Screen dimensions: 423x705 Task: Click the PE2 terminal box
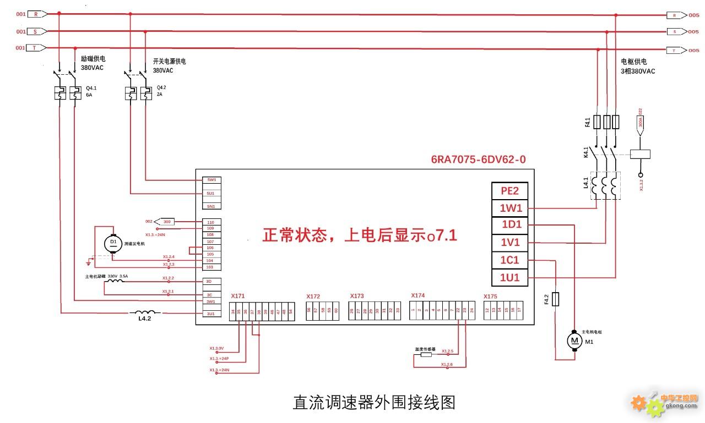coord(510,191)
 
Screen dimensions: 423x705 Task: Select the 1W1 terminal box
coord(510,208)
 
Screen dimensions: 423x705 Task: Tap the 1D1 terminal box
coord(510,225)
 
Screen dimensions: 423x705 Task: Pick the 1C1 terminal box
coord(510,260)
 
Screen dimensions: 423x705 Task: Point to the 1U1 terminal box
coord(510,278)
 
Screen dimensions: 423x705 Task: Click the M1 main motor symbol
coord(575,342)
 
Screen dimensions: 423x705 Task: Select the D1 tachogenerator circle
coord(113,243)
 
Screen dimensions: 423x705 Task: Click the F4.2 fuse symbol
coord(556,299)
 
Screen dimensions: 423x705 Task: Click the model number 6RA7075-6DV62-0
coord(478,160)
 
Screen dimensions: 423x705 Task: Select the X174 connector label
coord(418,296)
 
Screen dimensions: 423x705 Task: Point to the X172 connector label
coord(313,296)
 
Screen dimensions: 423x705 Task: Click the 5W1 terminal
coord(210,180)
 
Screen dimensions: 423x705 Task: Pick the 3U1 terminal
coord(210,314)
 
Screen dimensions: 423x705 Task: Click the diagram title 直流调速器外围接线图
coord(374,402)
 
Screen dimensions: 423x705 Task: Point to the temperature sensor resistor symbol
coord(426,355)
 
